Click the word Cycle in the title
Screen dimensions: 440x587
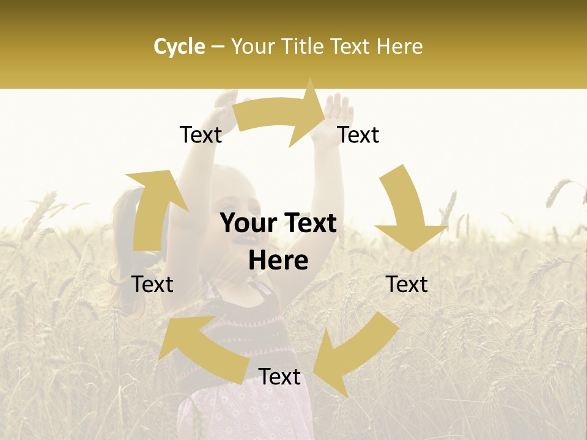click(179, 46)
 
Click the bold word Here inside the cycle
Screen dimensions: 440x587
click(278, 261)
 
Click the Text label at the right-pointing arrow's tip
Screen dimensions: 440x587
click(358, 134)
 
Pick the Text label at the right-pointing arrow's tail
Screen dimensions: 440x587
click(201, 134)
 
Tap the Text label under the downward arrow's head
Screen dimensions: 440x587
click(407, 284)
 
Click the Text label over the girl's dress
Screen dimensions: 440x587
click(279, 377)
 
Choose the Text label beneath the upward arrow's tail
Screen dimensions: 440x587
click(153, 284)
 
